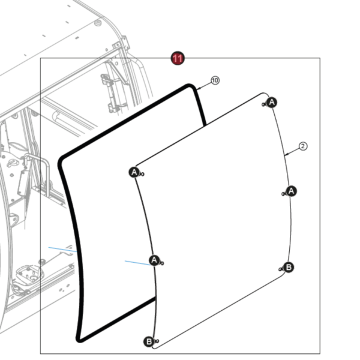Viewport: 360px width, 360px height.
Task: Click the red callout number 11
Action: tap(178, 58)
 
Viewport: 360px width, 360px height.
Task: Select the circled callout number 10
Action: tap(215, 80)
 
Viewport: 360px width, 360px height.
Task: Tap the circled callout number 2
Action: tap(303, 146)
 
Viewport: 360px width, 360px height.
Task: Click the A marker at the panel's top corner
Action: tap(272, 102)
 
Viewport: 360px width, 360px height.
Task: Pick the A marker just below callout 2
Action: tap(291, 191)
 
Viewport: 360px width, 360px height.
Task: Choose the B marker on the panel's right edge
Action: tap(289, 267)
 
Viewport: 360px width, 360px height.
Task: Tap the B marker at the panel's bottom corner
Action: tap(149, 341)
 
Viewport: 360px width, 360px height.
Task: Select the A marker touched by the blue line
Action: tap(154, 260)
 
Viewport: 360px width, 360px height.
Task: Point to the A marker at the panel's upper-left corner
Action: tap(134, 172)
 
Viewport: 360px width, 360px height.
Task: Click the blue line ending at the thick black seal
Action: tap(62, 250)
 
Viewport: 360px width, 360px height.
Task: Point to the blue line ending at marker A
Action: tap(138, 263)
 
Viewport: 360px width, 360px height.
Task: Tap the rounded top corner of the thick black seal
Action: tap(190, 85)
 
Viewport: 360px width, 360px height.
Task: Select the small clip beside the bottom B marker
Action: tap(157, 341)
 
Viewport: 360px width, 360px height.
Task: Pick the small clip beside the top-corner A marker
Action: tap(264, 104)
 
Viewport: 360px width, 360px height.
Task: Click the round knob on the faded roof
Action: tap(98, 23)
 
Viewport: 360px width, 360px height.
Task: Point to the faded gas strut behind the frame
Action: tap(111, 92)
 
